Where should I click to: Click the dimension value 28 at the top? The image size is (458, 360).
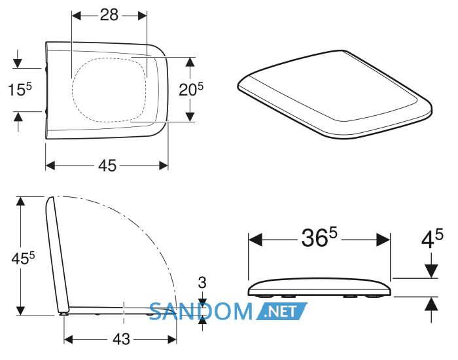click(109, 14)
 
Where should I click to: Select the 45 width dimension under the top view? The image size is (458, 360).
click(107, 166)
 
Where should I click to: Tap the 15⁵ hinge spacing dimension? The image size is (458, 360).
click(20, 89)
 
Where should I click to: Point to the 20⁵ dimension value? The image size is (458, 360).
click(191, 89)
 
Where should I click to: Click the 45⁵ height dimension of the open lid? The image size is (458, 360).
click(23, 259)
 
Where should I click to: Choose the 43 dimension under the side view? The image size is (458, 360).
click(121, 339)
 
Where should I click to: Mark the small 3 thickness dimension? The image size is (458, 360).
click(202, 283)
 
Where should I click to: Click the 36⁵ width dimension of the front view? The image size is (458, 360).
click(319, 237)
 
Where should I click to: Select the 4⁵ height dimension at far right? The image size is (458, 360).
click(432, 238)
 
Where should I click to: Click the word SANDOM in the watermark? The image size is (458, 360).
click(201, 311)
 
